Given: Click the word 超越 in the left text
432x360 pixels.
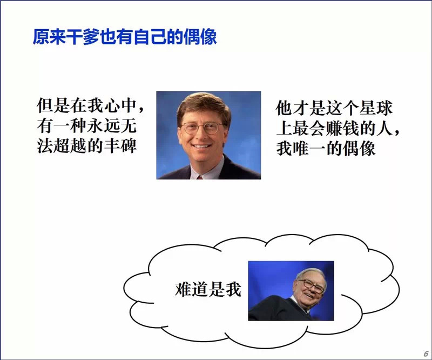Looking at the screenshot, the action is click(x=70, y=145).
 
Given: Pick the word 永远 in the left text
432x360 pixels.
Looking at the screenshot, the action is click(x=104, y=126).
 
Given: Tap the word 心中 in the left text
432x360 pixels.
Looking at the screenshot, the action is click(x=120, y=105).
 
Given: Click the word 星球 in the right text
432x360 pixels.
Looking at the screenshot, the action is click(x=375, y=108).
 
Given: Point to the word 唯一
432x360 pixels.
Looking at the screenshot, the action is click(x=309, y=149).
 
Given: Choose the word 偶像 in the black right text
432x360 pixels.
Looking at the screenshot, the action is click(x=359, y=149).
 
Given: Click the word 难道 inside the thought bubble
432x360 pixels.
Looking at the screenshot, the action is click(x=192, y=289).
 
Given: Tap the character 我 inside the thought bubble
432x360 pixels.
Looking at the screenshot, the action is click(x=233, y=289).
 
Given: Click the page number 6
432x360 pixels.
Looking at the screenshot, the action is click(x=426, y=354).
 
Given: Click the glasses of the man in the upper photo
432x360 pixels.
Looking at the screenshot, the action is click(x=201, y=128).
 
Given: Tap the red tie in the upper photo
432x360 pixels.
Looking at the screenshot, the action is click(x=199, y=177).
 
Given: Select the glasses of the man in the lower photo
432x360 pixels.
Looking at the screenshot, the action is click(x=312, y=286).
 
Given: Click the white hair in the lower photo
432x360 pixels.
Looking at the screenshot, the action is click(x=311, y=274).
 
